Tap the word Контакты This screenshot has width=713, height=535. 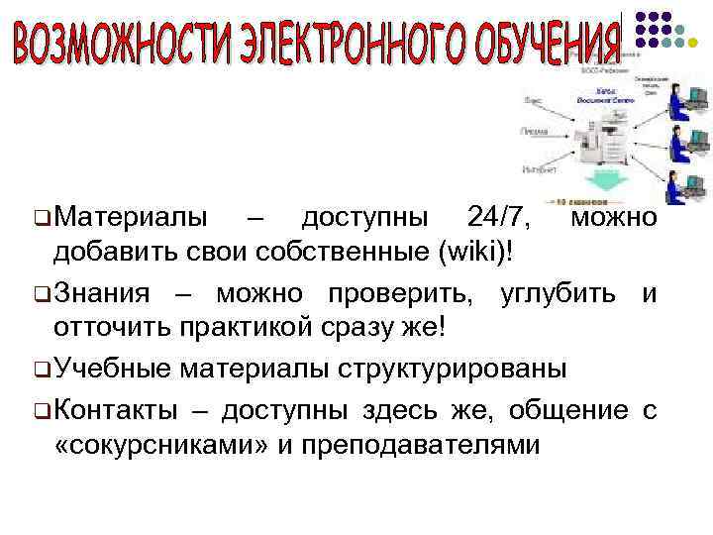click(x=118, y=408)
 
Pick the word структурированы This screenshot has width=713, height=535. click(x=454, y=370)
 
